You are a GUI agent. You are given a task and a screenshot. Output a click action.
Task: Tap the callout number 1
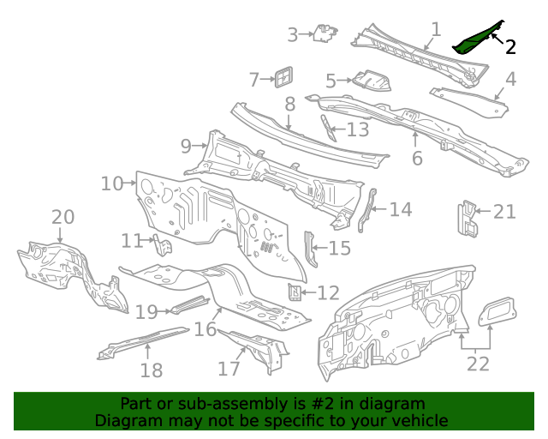(x=435, y=30)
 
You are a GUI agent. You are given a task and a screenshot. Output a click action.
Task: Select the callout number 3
(x=292, y=35)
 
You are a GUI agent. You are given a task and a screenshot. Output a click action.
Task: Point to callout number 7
(x=254, y=80)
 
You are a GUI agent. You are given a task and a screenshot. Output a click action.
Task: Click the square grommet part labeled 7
(x=282, y=76)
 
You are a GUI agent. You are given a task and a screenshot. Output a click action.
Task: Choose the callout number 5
(x=331, y=81)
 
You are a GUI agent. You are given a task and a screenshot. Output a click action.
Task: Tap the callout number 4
(x=510, y=80)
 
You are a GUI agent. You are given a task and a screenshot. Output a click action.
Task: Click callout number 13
(x=357, y=129)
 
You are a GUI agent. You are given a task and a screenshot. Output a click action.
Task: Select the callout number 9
(x=186, y=147)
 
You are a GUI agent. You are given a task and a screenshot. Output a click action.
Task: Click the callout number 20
(x=63, y=218)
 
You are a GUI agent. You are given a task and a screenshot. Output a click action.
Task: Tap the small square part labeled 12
(x=294, y=292)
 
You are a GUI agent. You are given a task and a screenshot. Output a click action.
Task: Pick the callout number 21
(x=504, y=211)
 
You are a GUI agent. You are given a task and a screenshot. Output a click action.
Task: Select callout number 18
(x=152, y=370)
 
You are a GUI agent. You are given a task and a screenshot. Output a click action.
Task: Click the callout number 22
(x=478, y=364)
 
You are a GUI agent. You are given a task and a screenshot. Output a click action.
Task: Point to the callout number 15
(x=339, y=249)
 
